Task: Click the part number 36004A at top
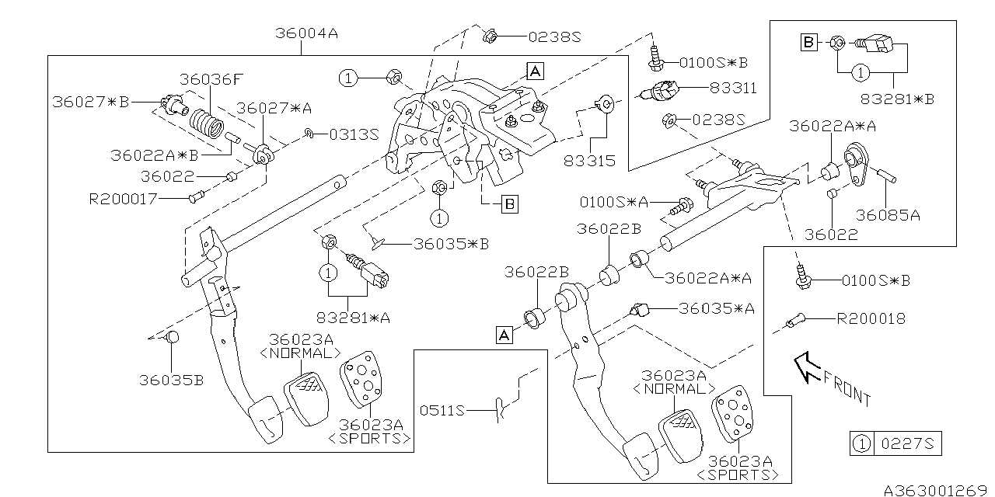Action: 306,34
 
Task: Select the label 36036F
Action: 211,79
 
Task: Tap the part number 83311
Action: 732,89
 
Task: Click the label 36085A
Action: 888,216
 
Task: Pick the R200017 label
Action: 124,199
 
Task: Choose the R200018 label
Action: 871,318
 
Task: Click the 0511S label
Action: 442,410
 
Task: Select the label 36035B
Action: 172,380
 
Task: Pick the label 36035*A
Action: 717,308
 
